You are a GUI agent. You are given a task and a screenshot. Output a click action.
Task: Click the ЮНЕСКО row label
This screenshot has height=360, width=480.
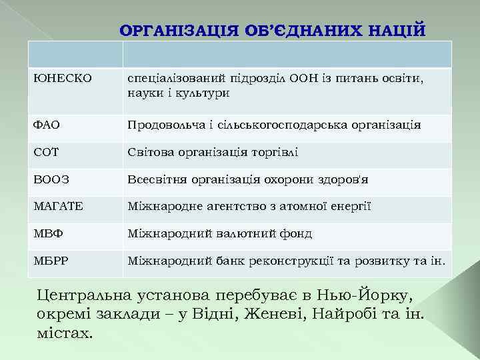53,79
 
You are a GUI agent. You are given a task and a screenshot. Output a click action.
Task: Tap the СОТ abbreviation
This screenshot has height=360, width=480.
46,152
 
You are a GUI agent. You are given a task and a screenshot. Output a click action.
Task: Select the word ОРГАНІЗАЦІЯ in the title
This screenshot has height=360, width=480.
172,31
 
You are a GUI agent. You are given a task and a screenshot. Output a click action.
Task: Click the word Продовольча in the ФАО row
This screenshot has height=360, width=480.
165,125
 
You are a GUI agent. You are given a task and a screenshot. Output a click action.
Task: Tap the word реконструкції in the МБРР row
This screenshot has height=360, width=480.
289,261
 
